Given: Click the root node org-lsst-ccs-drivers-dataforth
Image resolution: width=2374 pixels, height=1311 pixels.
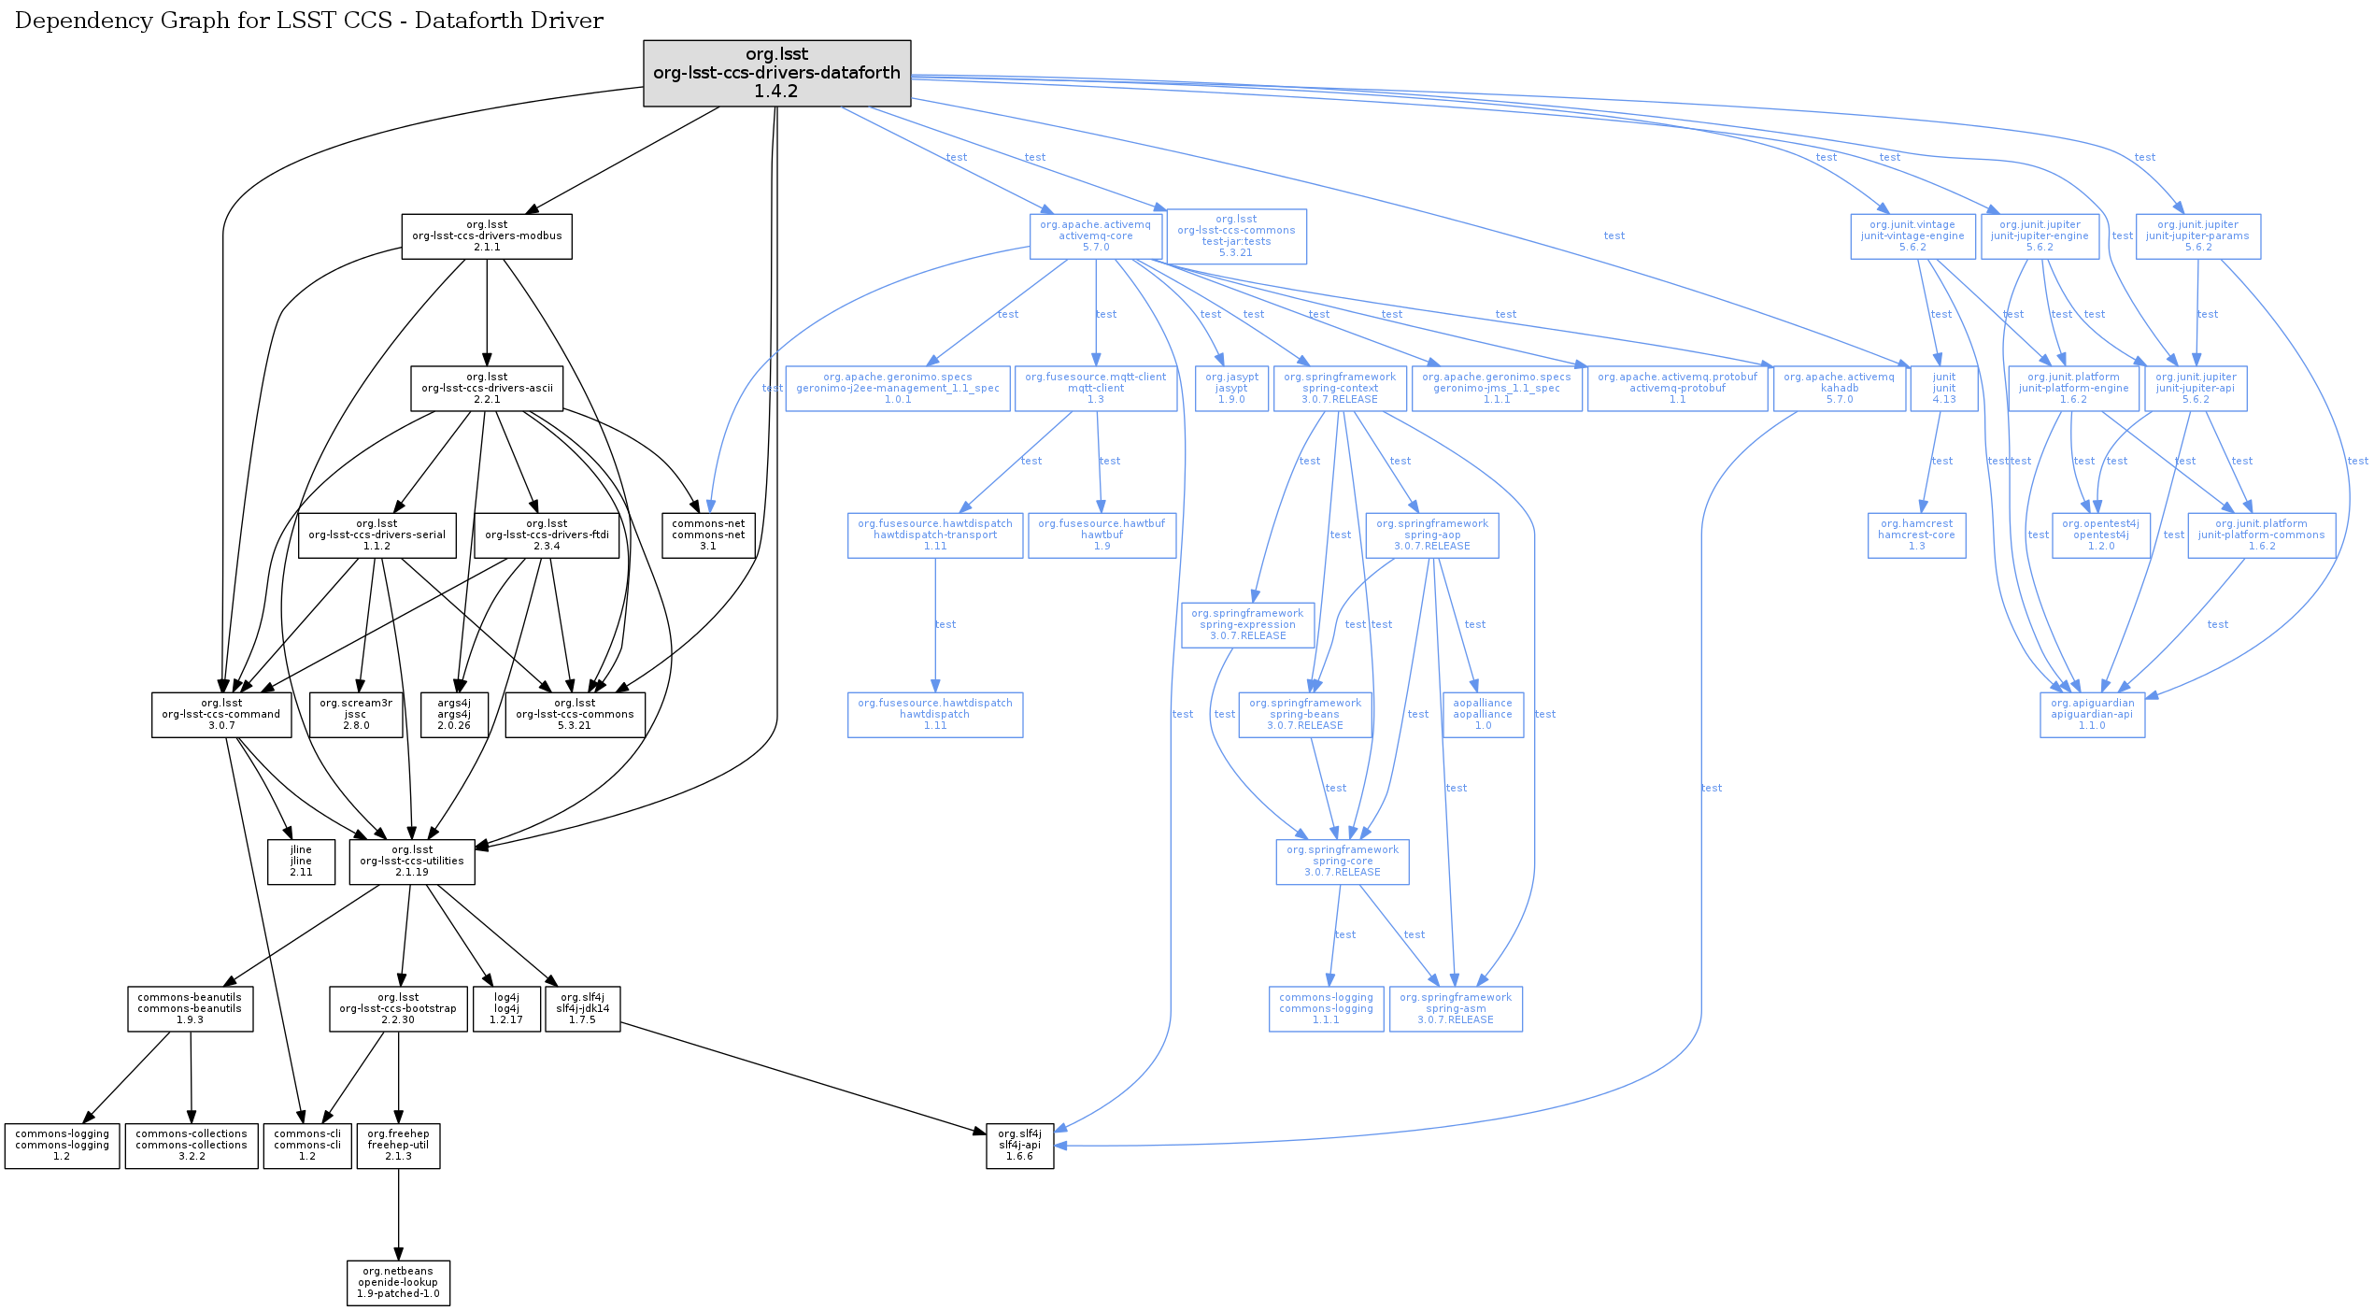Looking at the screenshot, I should coord(776,73).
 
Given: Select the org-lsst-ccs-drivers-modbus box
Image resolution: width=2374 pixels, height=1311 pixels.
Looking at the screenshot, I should coord(487,236).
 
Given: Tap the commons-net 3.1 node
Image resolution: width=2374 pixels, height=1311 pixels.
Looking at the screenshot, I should coord(708,535).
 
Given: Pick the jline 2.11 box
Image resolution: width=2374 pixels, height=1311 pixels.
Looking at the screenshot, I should coord(301,862).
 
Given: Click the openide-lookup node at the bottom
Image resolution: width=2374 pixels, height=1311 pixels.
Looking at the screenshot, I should coord(398,1283).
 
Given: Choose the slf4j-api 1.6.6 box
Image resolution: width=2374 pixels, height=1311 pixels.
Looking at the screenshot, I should coord(1019,1146).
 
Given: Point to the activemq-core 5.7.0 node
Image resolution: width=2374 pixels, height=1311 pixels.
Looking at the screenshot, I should coord(1095,236).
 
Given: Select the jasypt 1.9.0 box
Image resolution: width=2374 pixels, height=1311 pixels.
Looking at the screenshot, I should coord(1231,389).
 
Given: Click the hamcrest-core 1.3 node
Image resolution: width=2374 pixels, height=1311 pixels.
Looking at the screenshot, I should coord(1916,535).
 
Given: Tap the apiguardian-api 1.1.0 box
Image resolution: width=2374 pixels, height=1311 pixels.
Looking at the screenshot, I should coord(2092,715).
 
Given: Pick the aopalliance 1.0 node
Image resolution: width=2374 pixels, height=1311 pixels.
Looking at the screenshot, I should coord(1483,715).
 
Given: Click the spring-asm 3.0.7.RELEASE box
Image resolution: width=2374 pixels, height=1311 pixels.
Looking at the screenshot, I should coord(1456,1009).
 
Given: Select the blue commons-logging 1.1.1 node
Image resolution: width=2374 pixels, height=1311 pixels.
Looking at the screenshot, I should coord(1326,1009).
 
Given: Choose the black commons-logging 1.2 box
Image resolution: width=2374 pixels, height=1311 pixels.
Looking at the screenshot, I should coord(62,1146).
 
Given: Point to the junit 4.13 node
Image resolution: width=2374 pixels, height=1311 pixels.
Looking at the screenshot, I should coord(1943,389).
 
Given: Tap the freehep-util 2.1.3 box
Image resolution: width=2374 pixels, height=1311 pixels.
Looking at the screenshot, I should coord(398,1146).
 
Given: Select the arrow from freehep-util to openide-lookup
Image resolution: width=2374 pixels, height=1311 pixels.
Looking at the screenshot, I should coord(399,1215).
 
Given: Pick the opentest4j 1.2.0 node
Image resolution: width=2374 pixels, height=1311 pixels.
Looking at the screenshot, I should coord(2100,535).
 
